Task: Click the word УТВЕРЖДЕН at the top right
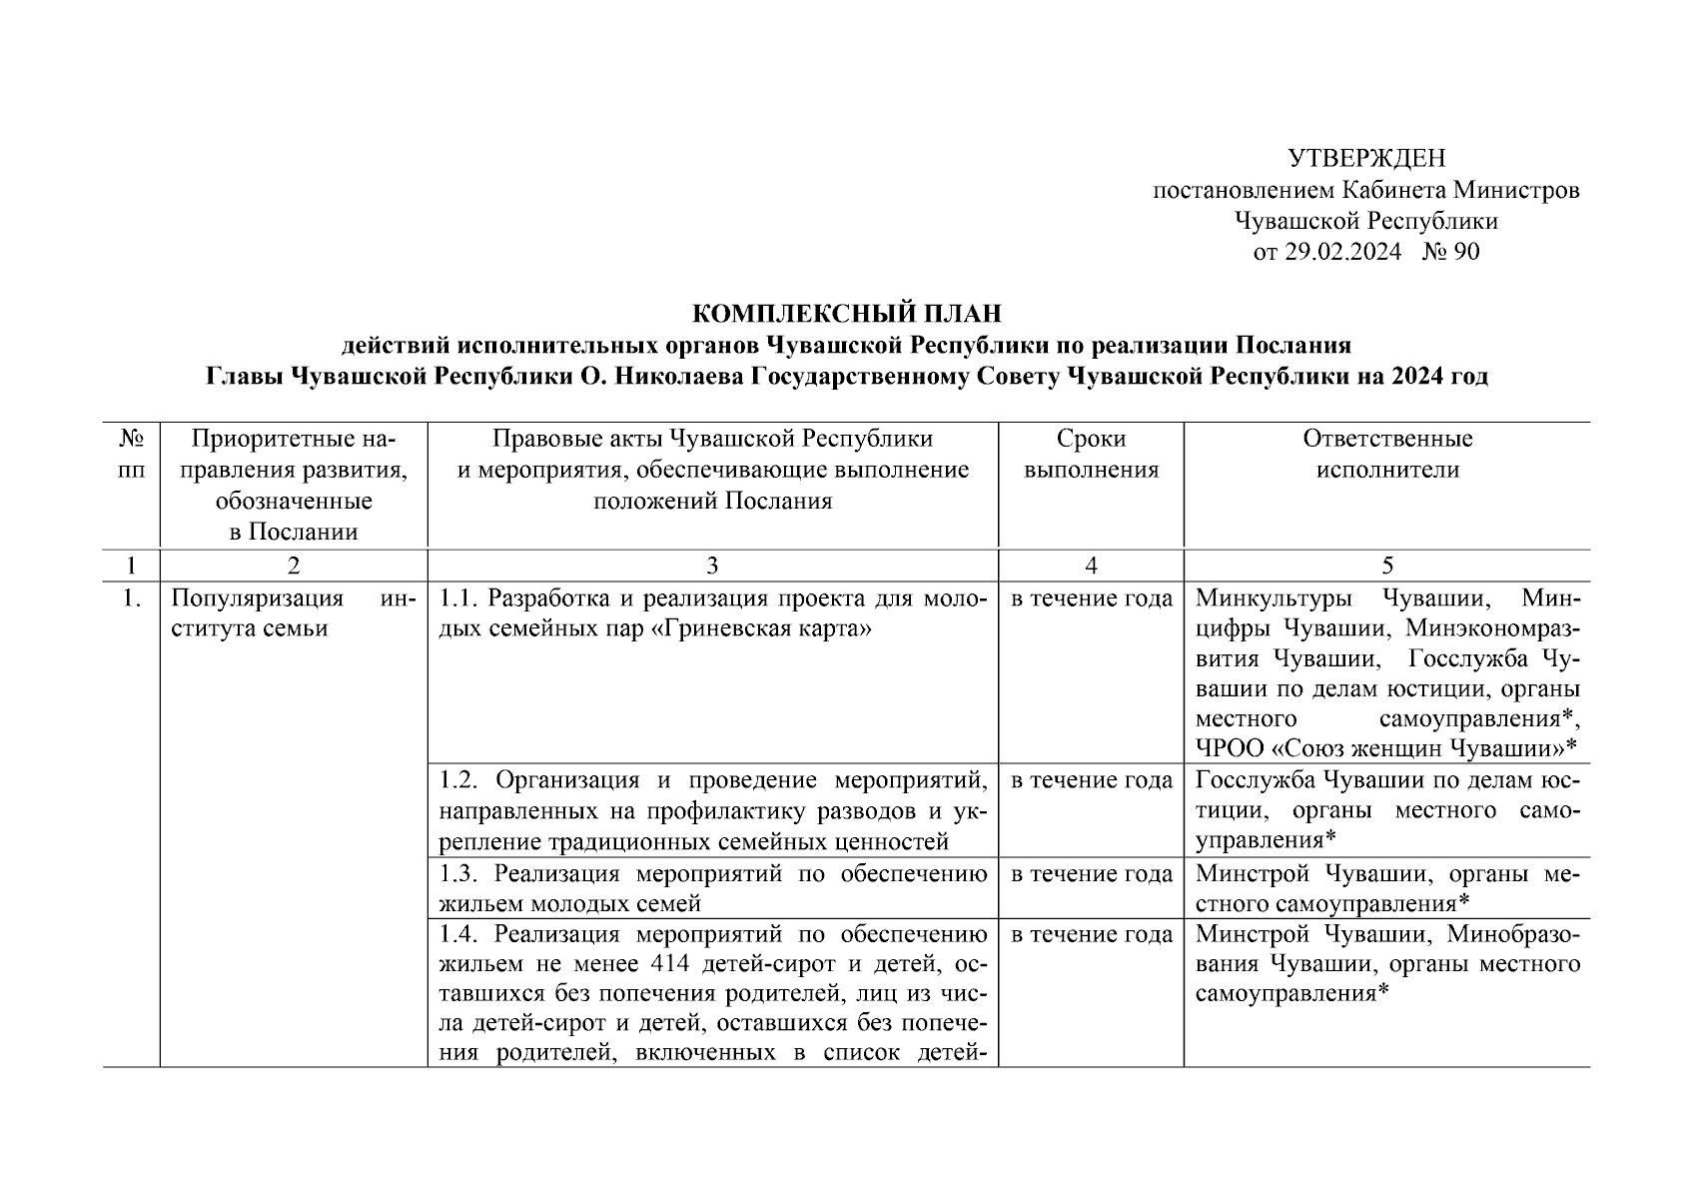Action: [1365, 159]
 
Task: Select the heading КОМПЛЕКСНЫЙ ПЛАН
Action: [846, 315]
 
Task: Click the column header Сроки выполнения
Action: [1091, 455]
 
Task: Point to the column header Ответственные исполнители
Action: [1386, 455]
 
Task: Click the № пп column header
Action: [130, 455]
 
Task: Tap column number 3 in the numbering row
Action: [712, 566]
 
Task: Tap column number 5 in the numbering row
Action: [1386, 566]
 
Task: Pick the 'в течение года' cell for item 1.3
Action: [1091, 875]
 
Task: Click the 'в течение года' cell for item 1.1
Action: [1091, 599]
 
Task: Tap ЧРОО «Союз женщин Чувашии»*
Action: [1385, 748]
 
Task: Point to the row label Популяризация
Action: [257, 599]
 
